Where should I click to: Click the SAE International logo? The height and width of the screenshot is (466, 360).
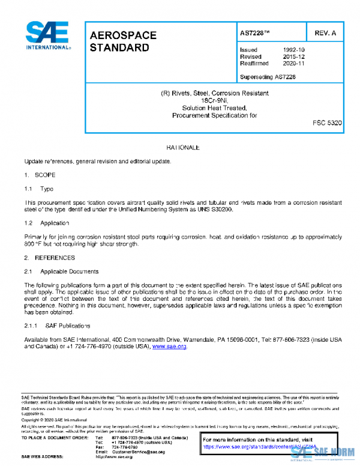pyautogui.click(x=47, y=35)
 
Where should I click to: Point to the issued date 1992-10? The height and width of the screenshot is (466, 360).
pyautogui.click(x=293, y=50)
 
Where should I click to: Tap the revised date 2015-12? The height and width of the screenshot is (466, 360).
pyautogui.click(x=293, y=56)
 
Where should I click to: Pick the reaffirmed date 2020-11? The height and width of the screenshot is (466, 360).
pyautogui.click(x=293, y=63)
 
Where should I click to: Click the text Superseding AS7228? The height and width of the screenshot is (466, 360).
pyautogui.click(x=267, y=77)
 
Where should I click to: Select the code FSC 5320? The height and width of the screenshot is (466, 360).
pyautogui.click(x=327, y=123)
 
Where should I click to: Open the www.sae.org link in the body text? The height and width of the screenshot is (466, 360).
pyautogui.click(x=170, y=346)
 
